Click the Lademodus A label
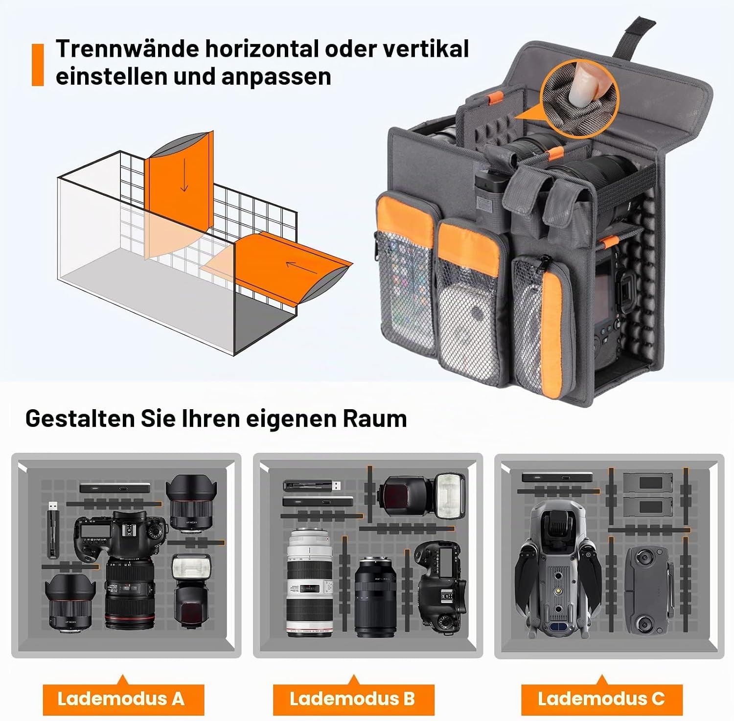pos(121,698)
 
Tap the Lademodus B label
pos(352,698)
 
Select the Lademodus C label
pos(601,698)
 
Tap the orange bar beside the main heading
pos(38,65)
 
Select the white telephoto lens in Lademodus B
pos(309,582)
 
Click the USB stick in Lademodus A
pos(53,530)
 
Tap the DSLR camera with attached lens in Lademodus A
pos(122,568)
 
